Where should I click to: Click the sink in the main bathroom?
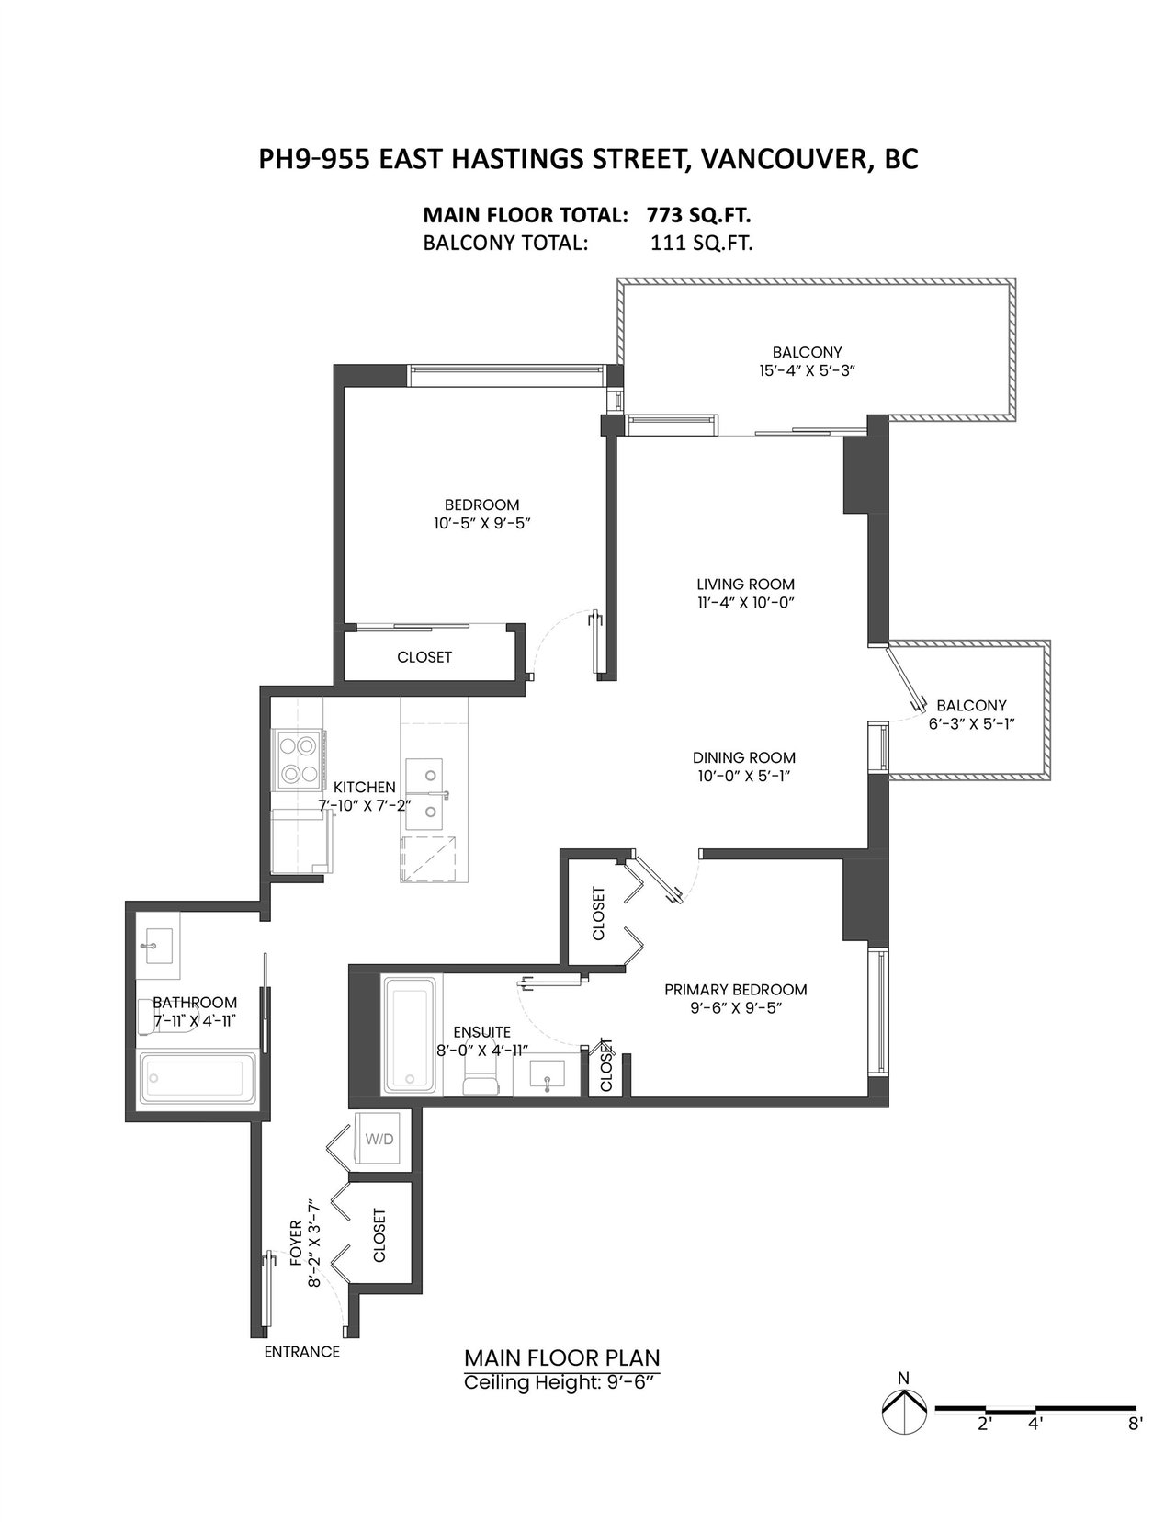157,946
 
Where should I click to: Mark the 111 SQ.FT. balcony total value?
701,243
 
